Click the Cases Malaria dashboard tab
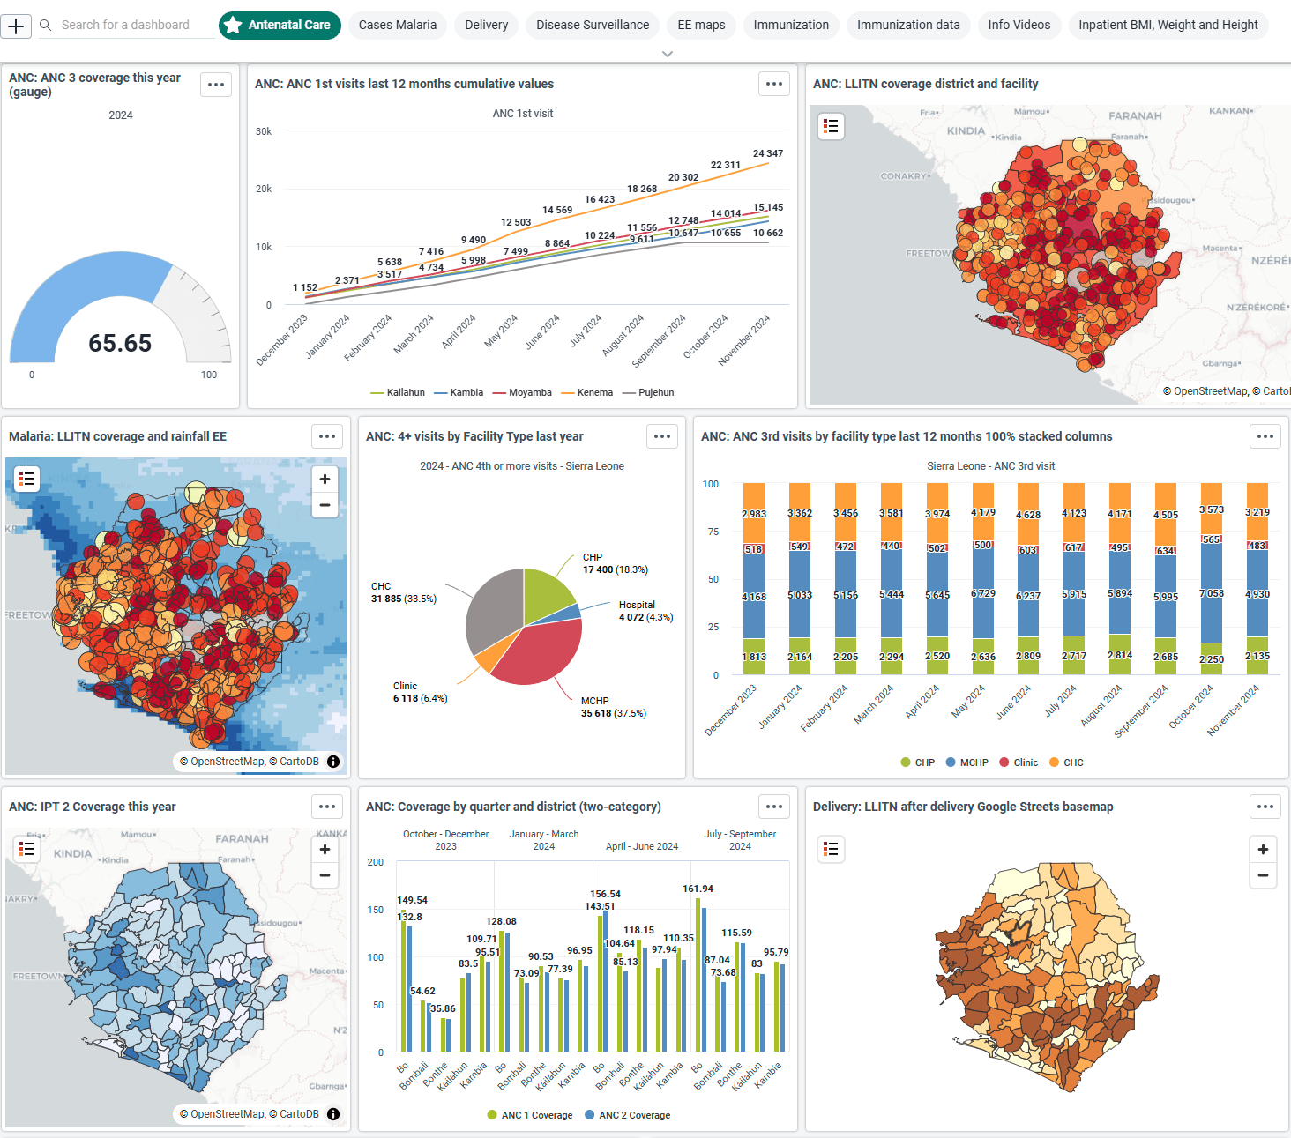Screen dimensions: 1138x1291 (397, 25)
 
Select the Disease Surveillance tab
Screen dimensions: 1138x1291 (592, 25)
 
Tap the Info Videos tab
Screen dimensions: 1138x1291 (1019, 25)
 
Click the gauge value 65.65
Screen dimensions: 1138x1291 (120, 343)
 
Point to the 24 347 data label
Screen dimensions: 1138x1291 (767, 153)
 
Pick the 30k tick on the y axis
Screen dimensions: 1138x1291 (264, 131)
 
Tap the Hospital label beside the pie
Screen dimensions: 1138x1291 (637, 605)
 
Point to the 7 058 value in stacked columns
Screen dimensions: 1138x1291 (1211, 593)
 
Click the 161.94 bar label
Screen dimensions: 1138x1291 (698, 889)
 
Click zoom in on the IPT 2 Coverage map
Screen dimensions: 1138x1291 (325, 849)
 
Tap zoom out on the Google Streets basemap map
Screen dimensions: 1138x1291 (1263, 875)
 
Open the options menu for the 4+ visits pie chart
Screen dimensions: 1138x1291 (662, 436)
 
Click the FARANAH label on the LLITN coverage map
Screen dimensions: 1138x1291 (1135, 115)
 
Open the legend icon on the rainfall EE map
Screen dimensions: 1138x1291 (26, 479)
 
